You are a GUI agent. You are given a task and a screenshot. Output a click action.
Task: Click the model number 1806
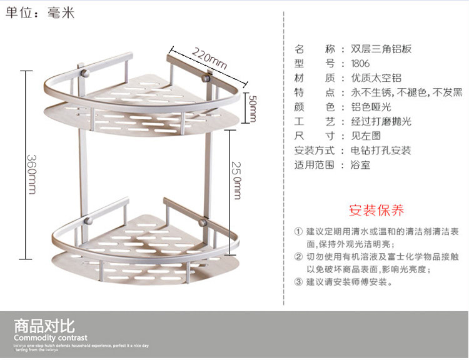coord(360,63)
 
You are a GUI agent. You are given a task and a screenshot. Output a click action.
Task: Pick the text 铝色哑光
coord(370,107)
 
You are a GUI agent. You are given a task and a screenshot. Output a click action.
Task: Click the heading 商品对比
coord(44,326)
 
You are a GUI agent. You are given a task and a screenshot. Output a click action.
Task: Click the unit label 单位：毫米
coord(40,12)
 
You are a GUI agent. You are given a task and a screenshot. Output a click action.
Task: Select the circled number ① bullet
coord(298,232)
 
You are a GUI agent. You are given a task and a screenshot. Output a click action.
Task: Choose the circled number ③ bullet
coord(298,281)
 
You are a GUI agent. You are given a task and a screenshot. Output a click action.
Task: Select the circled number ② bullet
coord(298,256)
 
